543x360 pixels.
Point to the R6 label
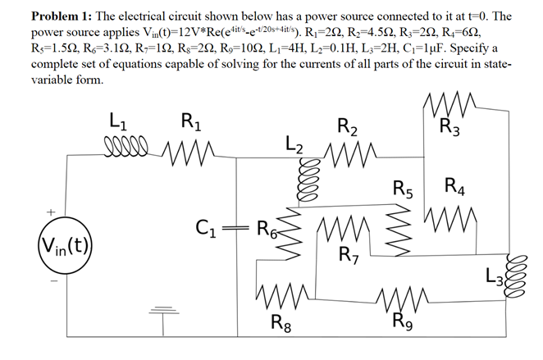click(x=266, y=227)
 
